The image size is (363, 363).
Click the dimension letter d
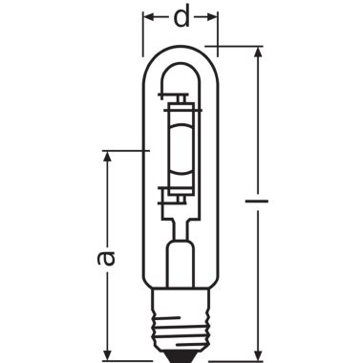(x=181, y=17)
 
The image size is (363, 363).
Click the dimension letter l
(x=257, y=201)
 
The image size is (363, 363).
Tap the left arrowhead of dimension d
(x=149, y=17)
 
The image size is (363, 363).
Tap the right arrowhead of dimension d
(x=212, y=17)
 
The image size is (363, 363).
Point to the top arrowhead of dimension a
(x=107, y=157)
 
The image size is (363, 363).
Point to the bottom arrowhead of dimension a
(x=107, y=353)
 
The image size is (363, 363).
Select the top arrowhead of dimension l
(x=258, y=53)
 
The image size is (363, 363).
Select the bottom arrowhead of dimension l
(x=258, y=353)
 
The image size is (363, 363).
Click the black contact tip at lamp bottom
(x=181, y=358)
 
